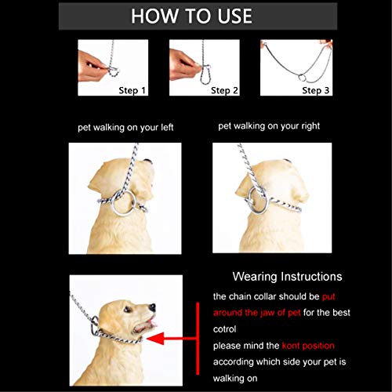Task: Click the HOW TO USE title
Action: (x=191, y=16)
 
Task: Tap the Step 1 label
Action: (x=132, y=91)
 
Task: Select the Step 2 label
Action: (x=224, y=91)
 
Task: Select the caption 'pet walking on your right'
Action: (x=269, y=125)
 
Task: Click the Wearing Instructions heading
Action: (x=287, y=277)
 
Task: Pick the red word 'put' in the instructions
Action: (x=332, y=297)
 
